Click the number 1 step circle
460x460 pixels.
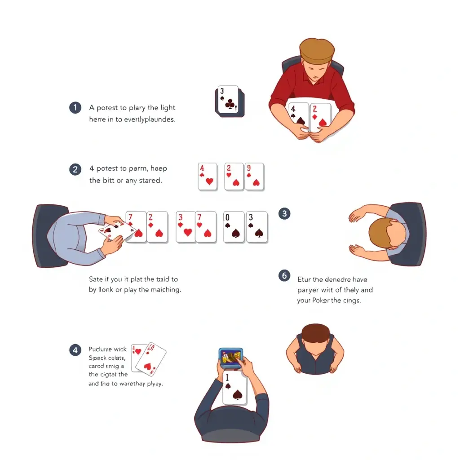click(x=75, y=108)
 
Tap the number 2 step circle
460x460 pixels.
click(x=75, y=169)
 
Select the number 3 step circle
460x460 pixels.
click(x=284, y=213)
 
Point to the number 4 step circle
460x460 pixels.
click(x=75, y=350)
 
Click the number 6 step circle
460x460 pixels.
click(x=284, y=275)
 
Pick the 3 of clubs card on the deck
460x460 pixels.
click(x=229, y=100)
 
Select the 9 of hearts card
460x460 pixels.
click(x=254, y=177)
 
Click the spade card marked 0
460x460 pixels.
click(x=234, y=227)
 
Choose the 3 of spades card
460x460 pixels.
click(x=257, y=227)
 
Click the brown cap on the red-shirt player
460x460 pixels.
click(x=317, y=50)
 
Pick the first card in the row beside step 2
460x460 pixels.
click(x=208, y=177)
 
